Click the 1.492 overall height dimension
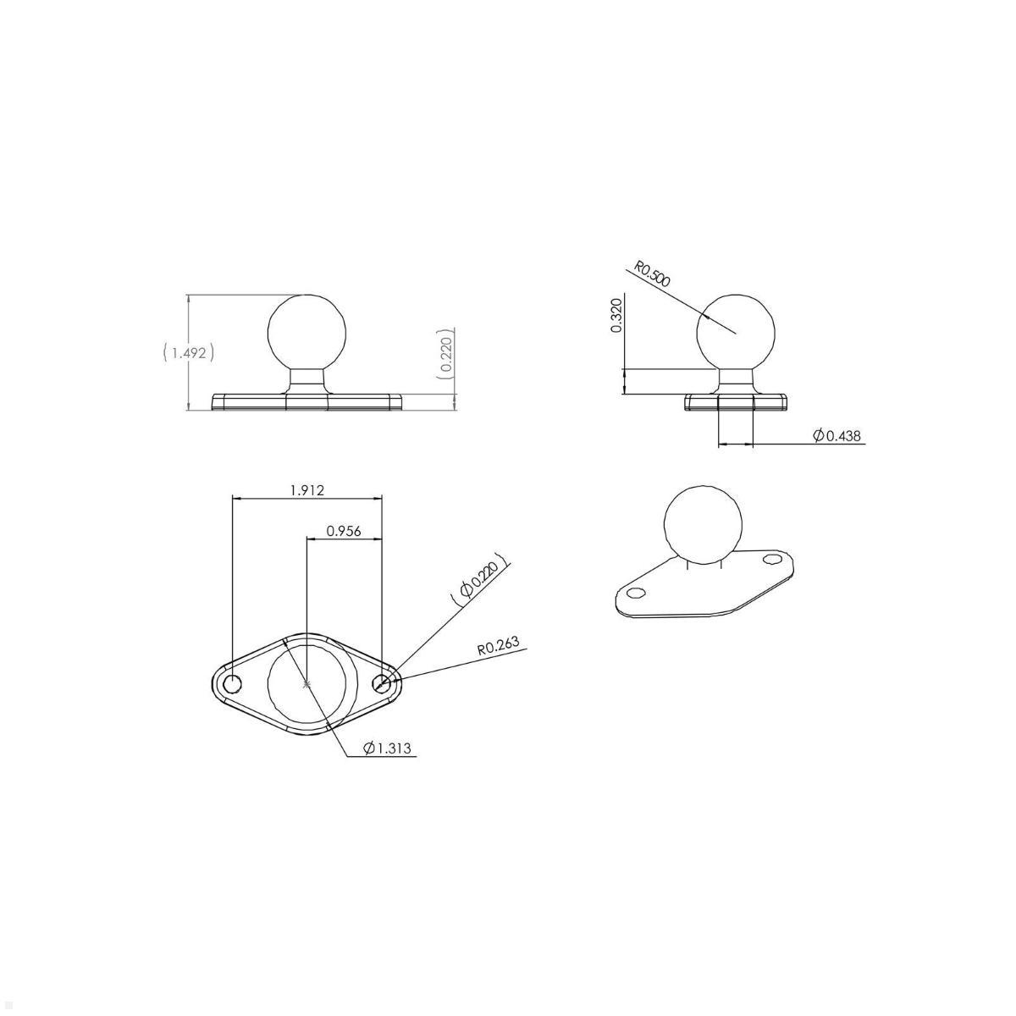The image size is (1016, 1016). (x=188, y=352)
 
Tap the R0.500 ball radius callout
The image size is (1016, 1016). (x=653, y=275)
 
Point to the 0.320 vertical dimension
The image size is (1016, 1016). (x=616, y=315)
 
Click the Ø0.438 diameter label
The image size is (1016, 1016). (x=837, y=435)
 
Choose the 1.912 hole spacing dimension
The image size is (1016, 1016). (x=306, y=489)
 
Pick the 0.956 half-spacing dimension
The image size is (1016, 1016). (x=344, y=531)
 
